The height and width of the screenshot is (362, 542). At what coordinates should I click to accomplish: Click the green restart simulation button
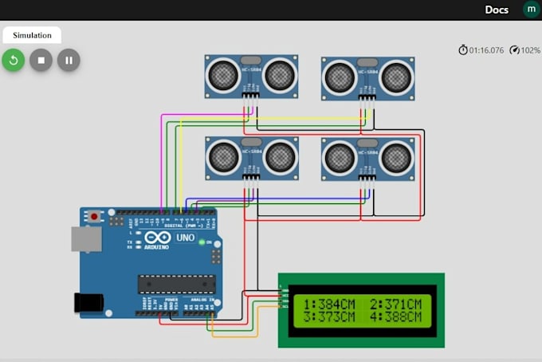click(14, 60)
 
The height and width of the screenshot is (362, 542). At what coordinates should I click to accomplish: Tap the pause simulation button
click(69, 60)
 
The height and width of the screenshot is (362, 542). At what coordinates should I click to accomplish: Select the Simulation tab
click(32, 35)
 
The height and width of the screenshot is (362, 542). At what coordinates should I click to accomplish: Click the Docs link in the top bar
click(497, 10)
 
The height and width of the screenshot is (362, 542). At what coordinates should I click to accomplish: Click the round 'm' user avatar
click(530, 10)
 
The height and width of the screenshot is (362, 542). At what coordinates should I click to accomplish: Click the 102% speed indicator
click(525, 50)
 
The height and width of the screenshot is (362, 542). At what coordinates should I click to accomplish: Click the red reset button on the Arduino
click(95, 216)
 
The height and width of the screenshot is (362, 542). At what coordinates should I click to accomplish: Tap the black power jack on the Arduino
click(88, 302)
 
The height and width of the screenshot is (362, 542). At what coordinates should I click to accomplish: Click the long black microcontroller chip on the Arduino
click(176, 284)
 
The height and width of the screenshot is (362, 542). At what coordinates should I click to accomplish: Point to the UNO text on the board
click(184, 238)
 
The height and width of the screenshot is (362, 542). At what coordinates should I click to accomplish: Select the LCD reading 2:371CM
click(395, 304)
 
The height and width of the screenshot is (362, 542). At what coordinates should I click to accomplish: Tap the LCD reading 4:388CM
click(395, 317)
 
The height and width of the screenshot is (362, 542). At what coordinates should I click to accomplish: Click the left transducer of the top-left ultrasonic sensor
click(223, 75)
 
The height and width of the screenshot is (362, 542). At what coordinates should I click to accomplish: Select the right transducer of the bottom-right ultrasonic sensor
click(396, 158)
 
